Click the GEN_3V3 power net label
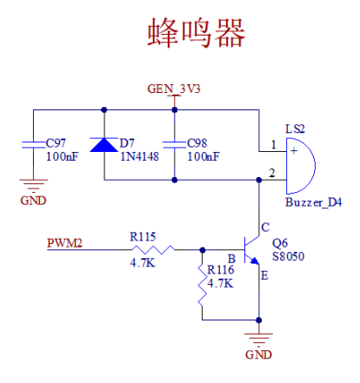pos(174,89)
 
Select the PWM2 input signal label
pos(64,243)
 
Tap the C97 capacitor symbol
pos(33,144)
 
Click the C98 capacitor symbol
pos(176,144)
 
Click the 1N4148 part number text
pos(137,157)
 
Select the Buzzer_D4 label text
pos(313,201)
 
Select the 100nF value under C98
pos(203,157)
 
